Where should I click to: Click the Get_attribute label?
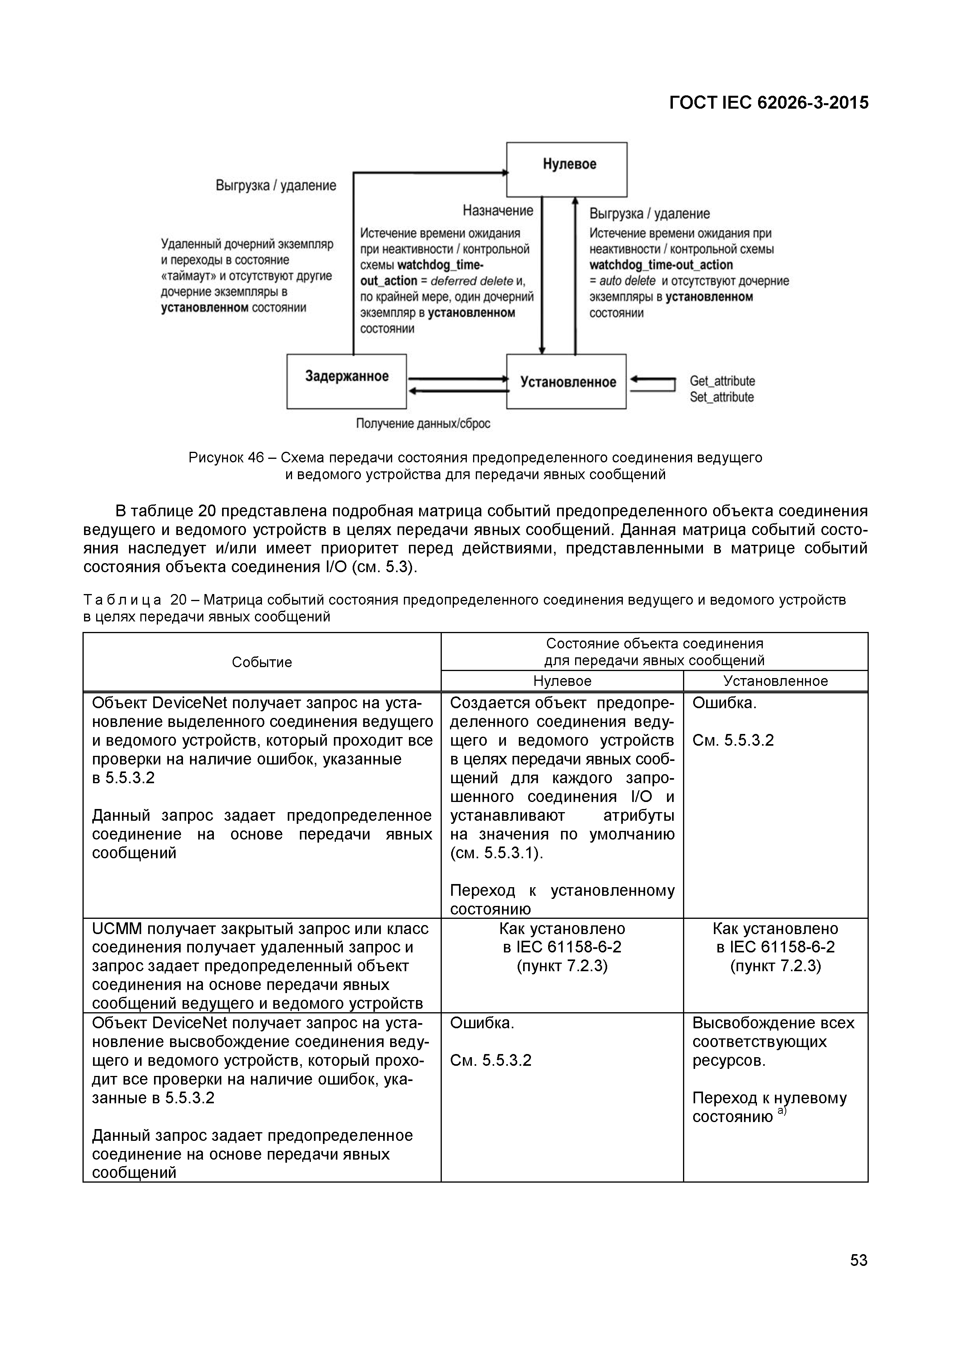[722, 381]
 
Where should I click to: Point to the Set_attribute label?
[721, 397]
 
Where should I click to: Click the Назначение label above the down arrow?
[498, 210]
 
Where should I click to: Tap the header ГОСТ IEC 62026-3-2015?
[769, 103]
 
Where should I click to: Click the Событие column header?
[262, 662]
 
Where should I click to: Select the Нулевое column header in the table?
[562, 681]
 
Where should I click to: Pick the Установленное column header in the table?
[775, 681]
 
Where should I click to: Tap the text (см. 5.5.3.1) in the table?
[497, 853]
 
